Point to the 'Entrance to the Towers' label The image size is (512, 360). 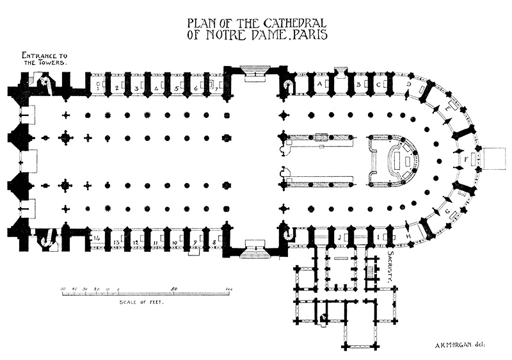[x=43, y=60]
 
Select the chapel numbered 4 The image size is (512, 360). [x=157, y=87]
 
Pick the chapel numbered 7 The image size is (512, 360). [x=216, y=87]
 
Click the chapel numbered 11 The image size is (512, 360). [x=156, y=243]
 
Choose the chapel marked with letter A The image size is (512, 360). [x=319, y=84]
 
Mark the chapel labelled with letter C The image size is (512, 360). [x=378, y=84]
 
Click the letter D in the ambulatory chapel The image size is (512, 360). [x=408, y=84]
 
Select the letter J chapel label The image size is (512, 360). [x=339, y=238]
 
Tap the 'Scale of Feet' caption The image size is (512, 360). [x=138, y=302]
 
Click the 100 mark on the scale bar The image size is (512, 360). [x=228, y=289]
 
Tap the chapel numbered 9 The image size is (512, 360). [x=195, y=243]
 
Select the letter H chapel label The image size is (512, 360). [x=408, y=238]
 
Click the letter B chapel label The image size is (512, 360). [x=358, y=84]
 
